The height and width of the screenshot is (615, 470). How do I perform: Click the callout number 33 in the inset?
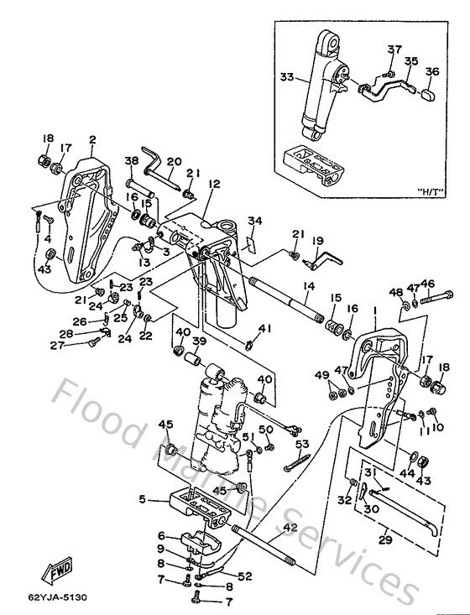(286, 77)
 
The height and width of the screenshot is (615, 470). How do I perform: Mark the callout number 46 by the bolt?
(427, 284)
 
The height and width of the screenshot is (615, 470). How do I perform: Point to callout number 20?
(174, 162)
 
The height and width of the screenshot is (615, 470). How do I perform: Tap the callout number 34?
(253, 221)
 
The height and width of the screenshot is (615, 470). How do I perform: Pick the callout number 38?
(131, 162)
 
